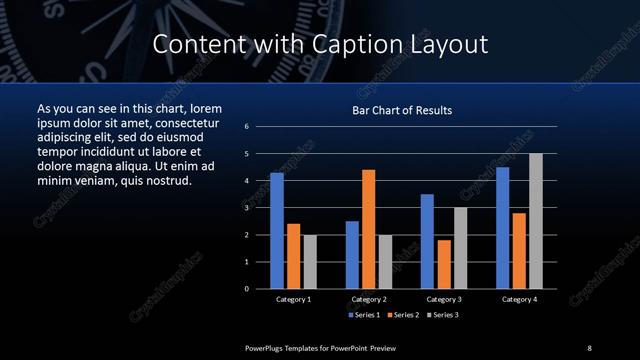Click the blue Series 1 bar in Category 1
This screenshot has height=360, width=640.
click(277, 231)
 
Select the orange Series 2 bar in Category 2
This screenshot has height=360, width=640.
click(369, 229)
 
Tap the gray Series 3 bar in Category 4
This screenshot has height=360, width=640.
click(536, 221)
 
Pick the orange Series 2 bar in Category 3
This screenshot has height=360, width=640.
click(444, 264)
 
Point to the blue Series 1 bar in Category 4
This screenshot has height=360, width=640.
click(503, 228)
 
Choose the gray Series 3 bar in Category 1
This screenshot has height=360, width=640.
click(310, 262)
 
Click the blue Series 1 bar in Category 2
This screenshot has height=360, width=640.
click(352, 255)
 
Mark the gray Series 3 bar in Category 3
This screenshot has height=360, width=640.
click(460, 248)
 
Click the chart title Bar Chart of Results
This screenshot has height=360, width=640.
click(402, 110)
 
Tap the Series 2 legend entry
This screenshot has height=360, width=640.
click(403, 315)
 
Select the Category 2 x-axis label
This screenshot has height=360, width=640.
click(369, 299)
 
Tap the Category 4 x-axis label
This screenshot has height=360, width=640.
click(519, 299)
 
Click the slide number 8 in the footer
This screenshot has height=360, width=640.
click(589, 347)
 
